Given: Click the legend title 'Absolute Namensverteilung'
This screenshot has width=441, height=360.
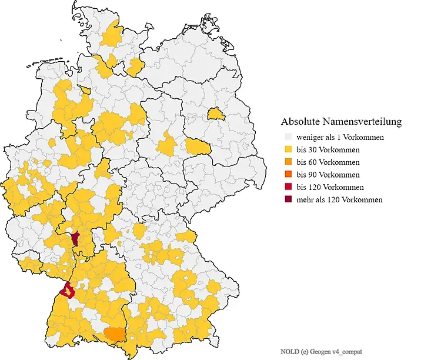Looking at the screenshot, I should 341,122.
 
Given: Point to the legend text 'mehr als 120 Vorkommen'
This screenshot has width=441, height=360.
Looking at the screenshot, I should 339,200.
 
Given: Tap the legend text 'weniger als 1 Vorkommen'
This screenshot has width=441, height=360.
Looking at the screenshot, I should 340,137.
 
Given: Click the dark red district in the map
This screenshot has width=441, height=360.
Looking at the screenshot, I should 75,238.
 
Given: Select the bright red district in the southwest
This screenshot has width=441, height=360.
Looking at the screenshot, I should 68,289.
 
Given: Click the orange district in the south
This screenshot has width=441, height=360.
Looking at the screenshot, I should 114,335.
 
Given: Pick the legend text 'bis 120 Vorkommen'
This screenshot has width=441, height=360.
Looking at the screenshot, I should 330,187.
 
